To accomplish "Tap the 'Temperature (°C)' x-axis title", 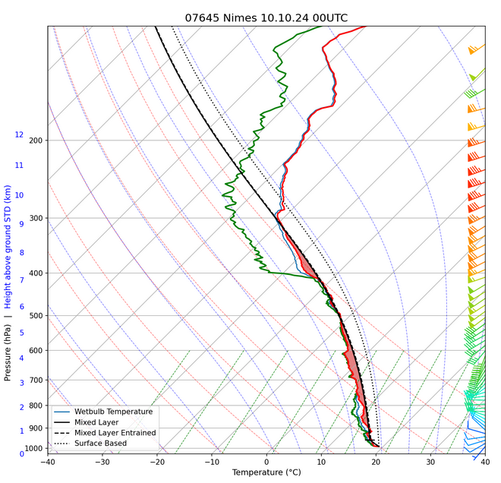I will [266, 473].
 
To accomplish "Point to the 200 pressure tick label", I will [35, 140].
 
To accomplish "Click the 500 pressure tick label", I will [35, 316].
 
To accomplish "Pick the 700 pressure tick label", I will [35, 380].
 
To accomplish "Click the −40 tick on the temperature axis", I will [47, 462].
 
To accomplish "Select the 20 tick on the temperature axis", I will [376, 462].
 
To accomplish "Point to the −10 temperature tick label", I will [211, 462].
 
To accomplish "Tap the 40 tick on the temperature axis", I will [485, 462].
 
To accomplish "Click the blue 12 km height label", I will [19, 134].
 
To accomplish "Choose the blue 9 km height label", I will [21, 223].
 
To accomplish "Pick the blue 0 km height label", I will [21, 453].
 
